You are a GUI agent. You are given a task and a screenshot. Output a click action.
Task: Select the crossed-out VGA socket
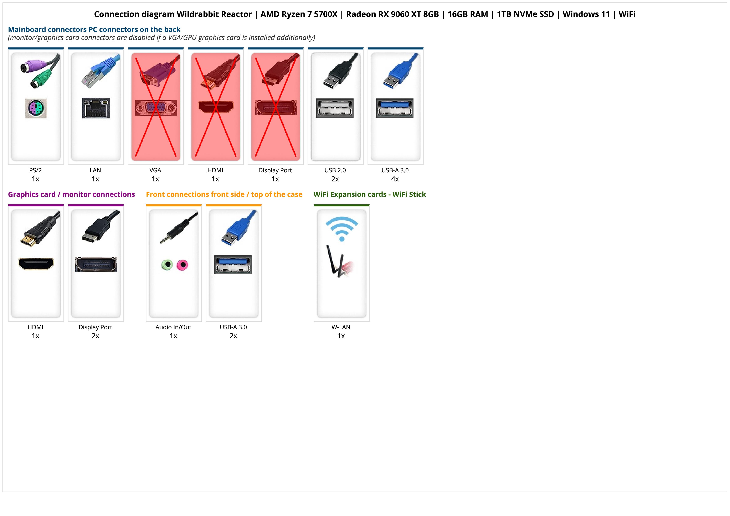coord(155,108)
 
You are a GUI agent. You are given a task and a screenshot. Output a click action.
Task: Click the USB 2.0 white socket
coord(335,108)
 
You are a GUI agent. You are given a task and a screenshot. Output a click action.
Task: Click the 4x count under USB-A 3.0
coord(395,179)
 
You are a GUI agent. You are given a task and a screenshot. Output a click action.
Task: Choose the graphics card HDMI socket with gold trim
coord(36,264)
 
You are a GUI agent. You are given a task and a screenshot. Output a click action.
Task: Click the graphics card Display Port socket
coord(96,264)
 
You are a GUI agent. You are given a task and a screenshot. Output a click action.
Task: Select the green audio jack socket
coord(167,265)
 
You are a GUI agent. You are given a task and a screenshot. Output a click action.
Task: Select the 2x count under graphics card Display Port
coord(95,336)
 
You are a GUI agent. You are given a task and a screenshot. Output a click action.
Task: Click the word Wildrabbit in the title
coord(214,14)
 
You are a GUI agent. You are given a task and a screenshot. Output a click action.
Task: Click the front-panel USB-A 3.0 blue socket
coord(233,265)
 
